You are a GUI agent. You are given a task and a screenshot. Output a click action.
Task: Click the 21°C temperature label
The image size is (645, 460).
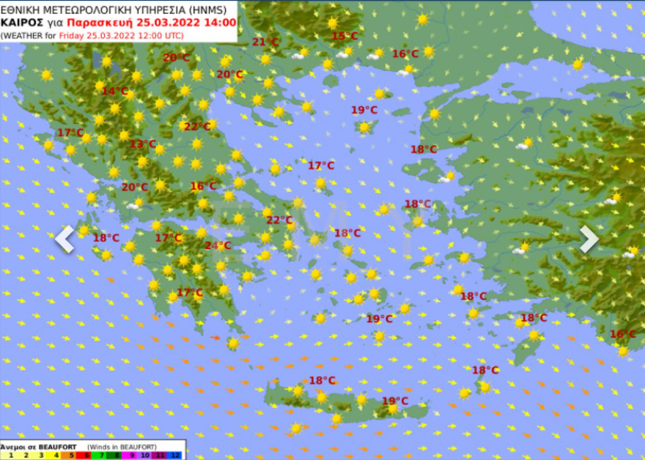(x=265, y=42)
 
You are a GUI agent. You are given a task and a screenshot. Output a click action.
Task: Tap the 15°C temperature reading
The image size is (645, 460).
(x=344, y=36)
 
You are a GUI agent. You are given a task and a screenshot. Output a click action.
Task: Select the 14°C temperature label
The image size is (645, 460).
(x=114, y=91)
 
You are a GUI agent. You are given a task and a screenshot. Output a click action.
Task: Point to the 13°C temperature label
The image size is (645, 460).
(x=143, y=144)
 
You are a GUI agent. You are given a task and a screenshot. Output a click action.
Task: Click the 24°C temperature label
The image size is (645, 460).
(x=218, y=245)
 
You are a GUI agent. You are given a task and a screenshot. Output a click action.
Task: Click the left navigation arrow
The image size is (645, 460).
(x=64, y=239)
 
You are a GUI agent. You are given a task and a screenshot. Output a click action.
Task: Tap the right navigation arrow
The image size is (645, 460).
(x=589, y=239)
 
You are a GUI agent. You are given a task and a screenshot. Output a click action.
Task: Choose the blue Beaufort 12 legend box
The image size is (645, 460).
(x=175, y=455)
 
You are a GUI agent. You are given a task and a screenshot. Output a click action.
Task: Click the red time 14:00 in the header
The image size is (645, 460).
(x=221, y=23)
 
